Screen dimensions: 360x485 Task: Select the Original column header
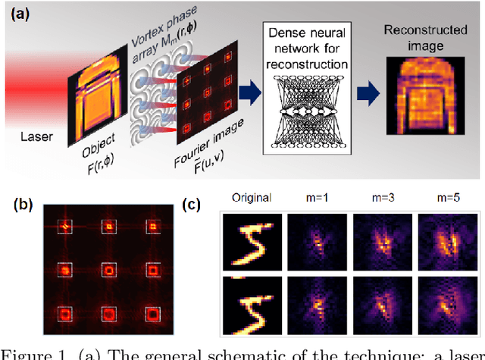(x=252, y=199)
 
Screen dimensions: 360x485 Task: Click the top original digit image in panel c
(x=252, y=241)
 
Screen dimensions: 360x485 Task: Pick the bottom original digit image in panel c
(x=252, y=304)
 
